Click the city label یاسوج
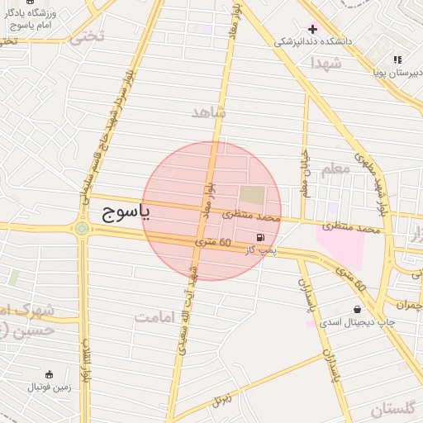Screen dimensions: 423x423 click(x=126, y=214)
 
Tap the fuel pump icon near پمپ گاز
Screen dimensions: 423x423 click(x=262, y=236)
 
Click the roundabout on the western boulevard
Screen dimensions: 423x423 click(x=82, y=228)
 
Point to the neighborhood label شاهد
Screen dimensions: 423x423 click(x=207, y=112)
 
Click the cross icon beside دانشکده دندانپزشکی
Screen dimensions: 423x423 click(x=312, y=29)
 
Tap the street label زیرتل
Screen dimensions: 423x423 click(x=221, y=401)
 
